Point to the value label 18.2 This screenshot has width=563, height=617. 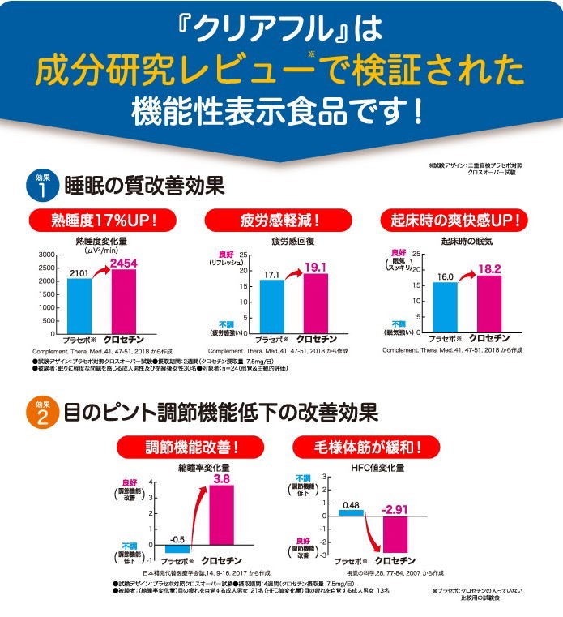click(x=489, y=268)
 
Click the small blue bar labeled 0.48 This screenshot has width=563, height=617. click(x=352, y=512)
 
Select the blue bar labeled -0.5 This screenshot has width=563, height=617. click(x=177, y=547)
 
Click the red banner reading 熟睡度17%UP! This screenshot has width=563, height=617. click(x=92, y=221)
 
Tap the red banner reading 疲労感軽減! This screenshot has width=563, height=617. click(x=279, y=221)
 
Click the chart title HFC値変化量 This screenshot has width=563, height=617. click(x=377, y=468)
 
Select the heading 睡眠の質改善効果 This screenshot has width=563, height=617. click(x=144, y=185)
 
